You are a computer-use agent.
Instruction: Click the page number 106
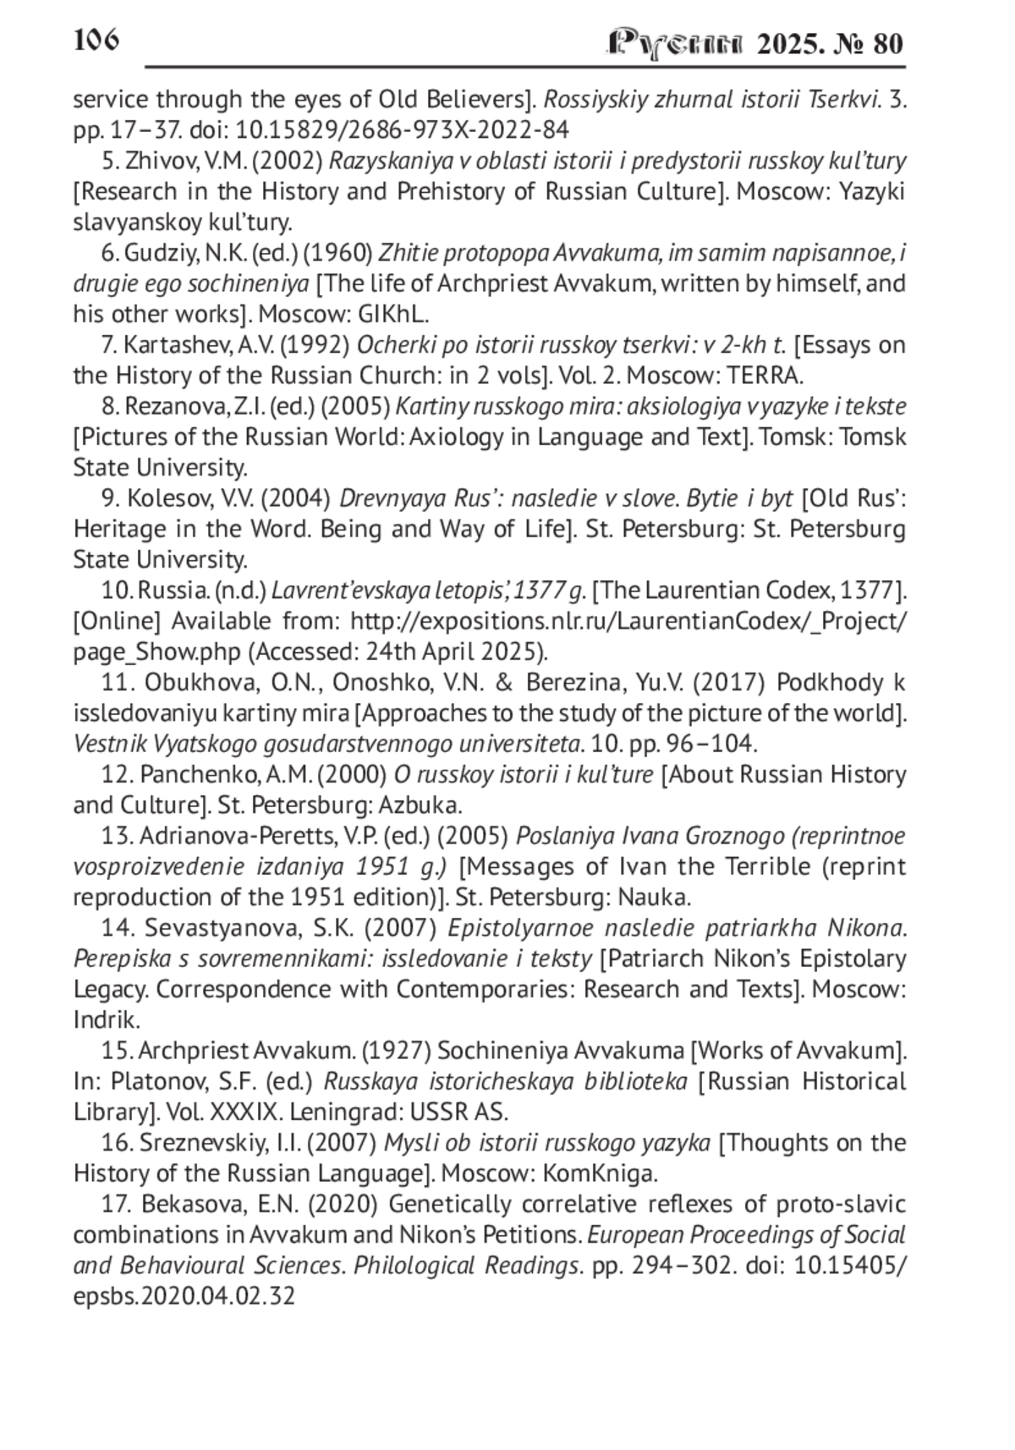(x=96, y=40)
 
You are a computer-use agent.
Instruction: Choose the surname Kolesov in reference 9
(x=168, y=499)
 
